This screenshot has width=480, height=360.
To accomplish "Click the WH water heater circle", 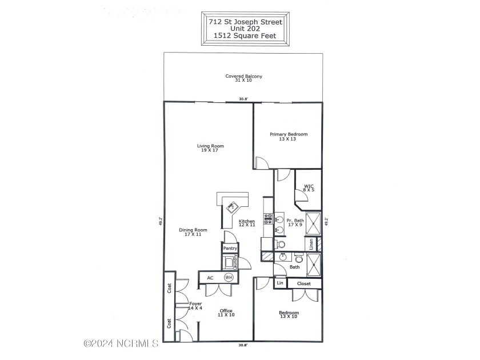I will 229,278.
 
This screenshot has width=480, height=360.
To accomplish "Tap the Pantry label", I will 230,249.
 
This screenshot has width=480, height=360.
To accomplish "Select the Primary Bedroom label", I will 289,134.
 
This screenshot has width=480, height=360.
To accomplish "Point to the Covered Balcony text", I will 243,76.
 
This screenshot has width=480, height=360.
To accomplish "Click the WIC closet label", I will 309,186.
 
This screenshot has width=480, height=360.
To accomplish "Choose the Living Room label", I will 210,146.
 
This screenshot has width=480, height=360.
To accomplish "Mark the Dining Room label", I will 193,230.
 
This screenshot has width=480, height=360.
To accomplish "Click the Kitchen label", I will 247,221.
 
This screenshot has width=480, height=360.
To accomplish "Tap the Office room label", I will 226,311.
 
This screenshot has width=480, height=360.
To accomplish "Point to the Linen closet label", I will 311,244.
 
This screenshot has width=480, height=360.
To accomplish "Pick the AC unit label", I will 210,278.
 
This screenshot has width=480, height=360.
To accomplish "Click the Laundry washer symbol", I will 230,262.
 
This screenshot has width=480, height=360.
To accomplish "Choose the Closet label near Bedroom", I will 304,283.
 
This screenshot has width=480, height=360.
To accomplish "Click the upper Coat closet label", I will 169,288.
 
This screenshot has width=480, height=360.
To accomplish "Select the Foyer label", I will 195,304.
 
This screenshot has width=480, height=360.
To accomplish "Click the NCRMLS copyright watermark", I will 121,344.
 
